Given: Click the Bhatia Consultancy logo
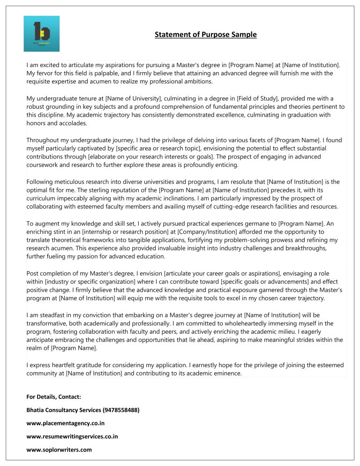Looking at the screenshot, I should [42, 33].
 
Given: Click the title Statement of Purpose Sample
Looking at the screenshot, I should [206, 35].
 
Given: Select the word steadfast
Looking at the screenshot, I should [52, 315].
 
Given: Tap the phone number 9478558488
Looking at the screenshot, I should [120, 410].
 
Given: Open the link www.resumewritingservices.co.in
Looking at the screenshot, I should [73, 436].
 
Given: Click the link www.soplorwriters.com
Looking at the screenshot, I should [59, 450].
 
